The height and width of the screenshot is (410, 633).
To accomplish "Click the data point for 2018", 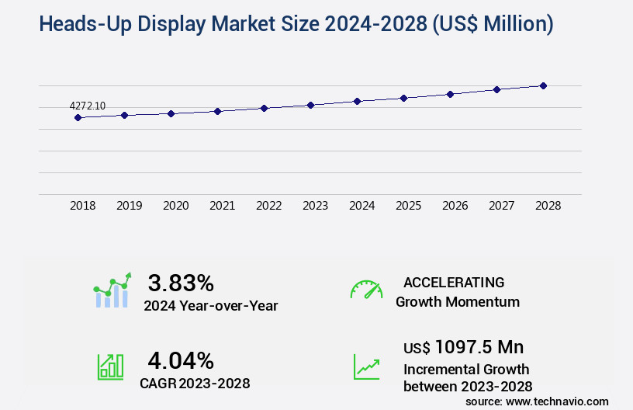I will (78, 117).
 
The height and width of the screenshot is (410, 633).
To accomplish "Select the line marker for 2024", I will (357, 101).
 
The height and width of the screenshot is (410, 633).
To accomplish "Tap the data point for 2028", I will (543, 85).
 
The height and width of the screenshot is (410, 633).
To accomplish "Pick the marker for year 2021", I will (217, 111).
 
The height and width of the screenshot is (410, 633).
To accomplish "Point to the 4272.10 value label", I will (88, 106).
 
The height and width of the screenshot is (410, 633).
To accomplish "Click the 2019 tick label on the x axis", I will (129, 206).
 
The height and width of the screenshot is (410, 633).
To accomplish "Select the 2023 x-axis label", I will (315, 206).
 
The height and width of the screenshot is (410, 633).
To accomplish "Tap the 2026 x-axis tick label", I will (455, 206).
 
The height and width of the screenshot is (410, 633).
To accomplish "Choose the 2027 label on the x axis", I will (501, 206).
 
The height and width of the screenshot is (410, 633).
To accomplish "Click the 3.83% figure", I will (181, 283).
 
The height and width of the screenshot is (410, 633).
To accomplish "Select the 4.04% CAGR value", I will (181, 360).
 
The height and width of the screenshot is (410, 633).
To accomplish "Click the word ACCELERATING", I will (454, 283).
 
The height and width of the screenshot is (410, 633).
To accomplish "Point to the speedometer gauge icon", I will (366, 290).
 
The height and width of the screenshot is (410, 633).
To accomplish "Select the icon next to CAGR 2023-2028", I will (110, 367).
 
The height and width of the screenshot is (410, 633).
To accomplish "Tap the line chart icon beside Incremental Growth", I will (366, 367).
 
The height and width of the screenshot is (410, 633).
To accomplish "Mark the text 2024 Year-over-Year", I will (210, 306).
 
